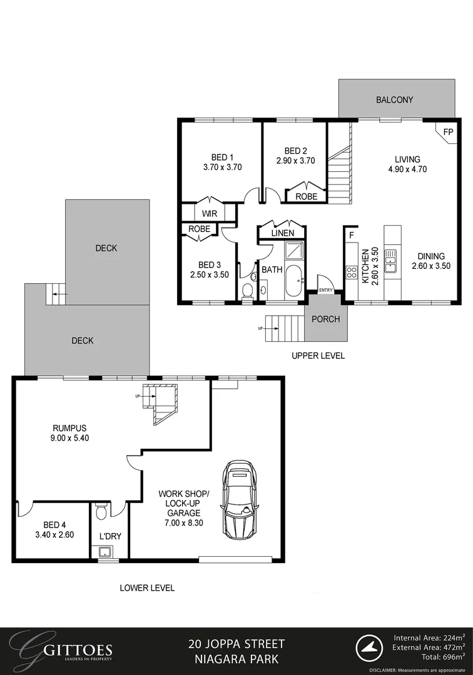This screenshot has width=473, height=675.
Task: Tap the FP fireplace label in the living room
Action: [x=447, y=132]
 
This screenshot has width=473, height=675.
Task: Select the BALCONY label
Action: [x=394, y=100]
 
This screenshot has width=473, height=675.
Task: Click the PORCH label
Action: [x=325, y=319]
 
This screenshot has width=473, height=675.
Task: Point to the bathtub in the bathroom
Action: [x=292, y=282]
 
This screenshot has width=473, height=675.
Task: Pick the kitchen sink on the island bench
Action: [x=390, y=261]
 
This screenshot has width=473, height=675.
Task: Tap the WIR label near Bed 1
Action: [x=209, y=213]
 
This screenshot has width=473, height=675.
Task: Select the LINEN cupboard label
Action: [x=283, y=233]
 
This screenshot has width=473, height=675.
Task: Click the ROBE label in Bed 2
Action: [x=306, y=196]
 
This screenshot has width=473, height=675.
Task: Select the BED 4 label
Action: [x=55, y=524]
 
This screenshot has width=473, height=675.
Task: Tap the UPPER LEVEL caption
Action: [x=318, y=356]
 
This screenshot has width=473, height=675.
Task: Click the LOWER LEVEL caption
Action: [x=147, y=587]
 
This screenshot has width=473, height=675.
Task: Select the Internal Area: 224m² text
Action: [x=429, y=637]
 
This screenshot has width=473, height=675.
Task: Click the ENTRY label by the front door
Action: [x=326, y=290]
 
